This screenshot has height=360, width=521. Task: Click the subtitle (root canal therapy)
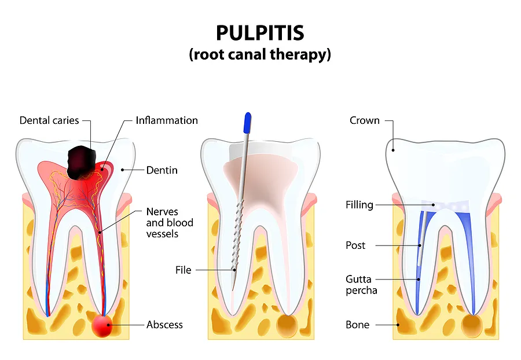pyautogui.click(x=260, y=55)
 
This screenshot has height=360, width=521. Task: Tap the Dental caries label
pyautogui.click(x=49, y=120)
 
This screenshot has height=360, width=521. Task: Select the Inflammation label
pyautogui.click(x=167, y=120)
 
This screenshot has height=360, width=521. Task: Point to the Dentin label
pyautogui.click(x=162, y=170)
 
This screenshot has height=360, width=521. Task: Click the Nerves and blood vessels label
pyautogui.click(x=170, y=223)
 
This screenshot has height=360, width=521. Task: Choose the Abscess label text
pyautogui.click(x=164, y=325)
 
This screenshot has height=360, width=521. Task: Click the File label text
pyautogui.click(x=183, y=270)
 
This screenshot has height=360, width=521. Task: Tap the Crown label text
pyautogui.click(x=365, y=120)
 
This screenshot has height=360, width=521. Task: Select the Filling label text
pyautogui.click(x=359, y=205)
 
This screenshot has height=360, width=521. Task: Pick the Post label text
pyautogui.click(x=355, y=245)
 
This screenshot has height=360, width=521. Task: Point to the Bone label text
pyautogui.click(x=357, y=325)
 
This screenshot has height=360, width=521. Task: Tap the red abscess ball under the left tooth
pyautogui.click(x=103, y=326)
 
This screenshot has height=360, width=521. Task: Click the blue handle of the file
pyautogui.click(x=248, y=122)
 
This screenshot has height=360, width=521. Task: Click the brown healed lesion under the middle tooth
pyautogui.click(x=287, y=325)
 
